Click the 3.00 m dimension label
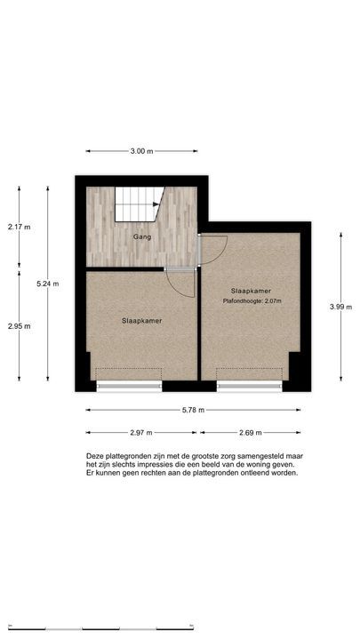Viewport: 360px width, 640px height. click(141, 152)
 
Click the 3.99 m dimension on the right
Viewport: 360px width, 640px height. click(341, 307)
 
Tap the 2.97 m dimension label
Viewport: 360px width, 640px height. click(140, 433)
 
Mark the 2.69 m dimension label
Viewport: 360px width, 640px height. click(252, 433)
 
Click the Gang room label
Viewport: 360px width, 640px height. click(140, 238)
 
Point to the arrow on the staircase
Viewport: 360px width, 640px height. click(156, 204)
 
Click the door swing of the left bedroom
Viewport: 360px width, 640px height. click(181, 283)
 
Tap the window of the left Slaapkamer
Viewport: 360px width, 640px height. click(129, 386)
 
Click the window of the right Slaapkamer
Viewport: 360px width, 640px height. click(250, 386)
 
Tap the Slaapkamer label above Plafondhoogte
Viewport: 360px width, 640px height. click(250, 292)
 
